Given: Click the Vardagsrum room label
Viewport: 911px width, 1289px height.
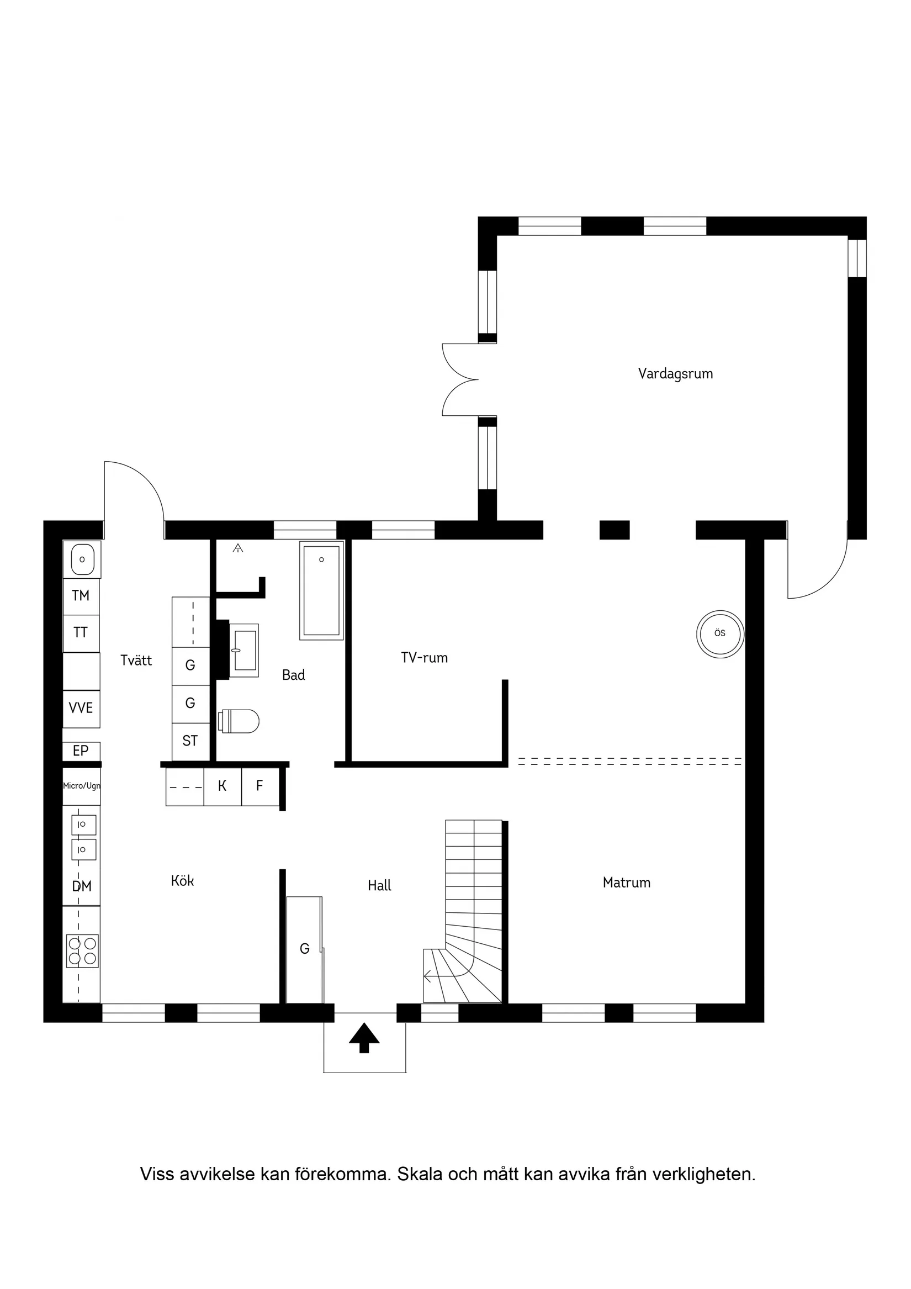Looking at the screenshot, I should point(675,374).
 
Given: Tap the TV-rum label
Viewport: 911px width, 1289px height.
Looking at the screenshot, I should point(425,658).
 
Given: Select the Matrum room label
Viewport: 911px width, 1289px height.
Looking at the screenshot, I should point(627,883).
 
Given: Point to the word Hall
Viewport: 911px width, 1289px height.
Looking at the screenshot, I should point(379,886).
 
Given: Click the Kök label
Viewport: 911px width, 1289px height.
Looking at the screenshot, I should point(182,881).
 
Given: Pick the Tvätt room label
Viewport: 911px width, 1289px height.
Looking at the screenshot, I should point(136,661).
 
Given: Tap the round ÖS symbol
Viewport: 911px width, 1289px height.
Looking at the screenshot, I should point(720,634).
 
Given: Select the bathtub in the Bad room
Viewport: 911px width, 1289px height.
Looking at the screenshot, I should point(322,590).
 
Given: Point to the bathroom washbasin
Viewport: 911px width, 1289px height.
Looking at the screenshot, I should point(244,650).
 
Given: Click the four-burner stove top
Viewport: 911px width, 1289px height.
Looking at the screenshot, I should point(82,951).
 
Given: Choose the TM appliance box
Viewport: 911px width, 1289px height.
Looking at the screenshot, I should point(81,596).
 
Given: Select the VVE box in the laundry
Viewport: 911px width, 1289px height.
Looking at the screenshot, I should point(81,709).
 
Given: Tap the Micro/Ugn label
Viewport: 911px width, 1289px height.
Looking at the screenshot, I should point(81,785).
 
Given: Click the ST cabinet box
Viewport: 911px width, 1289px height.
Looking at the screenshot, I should point(190,741).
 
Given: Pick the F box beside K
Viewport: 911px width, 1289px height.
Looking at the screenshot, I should point(260,786).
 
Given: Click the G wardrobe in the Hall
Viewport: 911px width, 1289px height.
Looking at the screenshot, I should point(305,949).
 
